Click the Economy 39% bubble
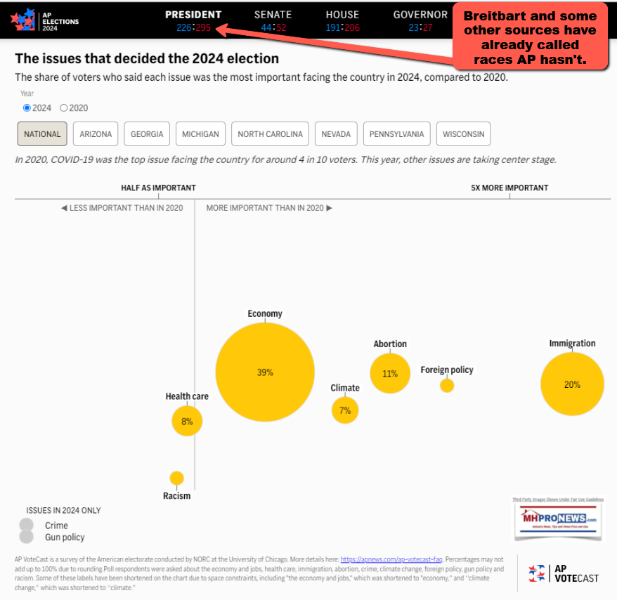(265, 372)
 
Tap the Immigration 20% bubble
(572, 384)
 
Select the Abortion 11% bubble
(390, 374)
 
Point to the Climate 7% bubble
(345, 410)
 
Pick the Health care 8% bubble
(187, 422)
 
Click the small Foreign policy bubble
(447, 385)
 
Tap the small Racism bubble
(176, 478)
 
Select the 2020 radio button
(64, 108)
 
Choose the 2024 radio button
(27, 108)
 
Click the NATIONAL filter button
(42, 134)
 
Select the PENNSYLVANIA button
(397, 134)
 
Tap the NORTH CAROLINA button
(270, 134)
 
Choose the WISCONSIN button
(463, 134)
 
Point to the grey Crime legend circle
(27, 525)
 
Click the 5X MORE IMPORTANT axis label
(509, 188)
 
